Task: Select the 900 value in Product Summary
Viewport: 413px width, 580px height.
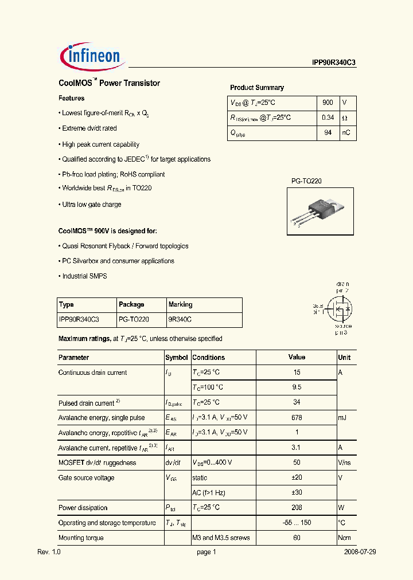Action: tap(328, 102)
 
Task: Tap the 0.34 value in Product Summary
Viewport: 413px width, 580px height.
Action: tap(328, 117)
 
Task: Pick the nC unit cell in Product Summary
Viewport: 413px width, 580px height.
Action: tap(346, 132)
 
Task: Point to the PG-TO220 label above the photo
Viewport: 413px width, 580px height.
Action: tap(306, 181)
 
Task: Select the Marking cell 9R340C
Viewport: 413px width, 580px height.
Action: tap(180, 319)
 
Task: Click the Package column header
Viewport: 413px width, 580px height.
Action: tap(131, 304)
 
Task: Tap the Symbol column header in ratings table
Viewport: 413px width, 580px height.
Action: tap(177, 357)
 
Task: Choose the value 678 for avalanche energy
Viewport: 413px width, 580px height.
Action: tap(297, 418)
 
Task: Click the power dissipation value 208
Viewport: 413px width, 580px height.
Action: tap(297, 508)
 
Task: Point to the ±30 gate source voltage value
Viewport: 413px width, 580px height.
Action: tap(297, 493)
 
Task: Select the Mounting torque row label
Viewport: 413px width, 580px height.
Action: tap(81, 538)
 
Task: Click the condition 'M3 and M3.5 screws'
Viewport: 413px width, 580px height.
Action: tap(221, 538)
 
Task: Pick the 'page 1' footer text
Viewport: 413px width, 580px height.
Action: tap(206, 552)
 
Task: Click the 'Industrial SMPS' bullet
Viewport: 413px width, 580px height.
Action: tap(84, 276)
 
